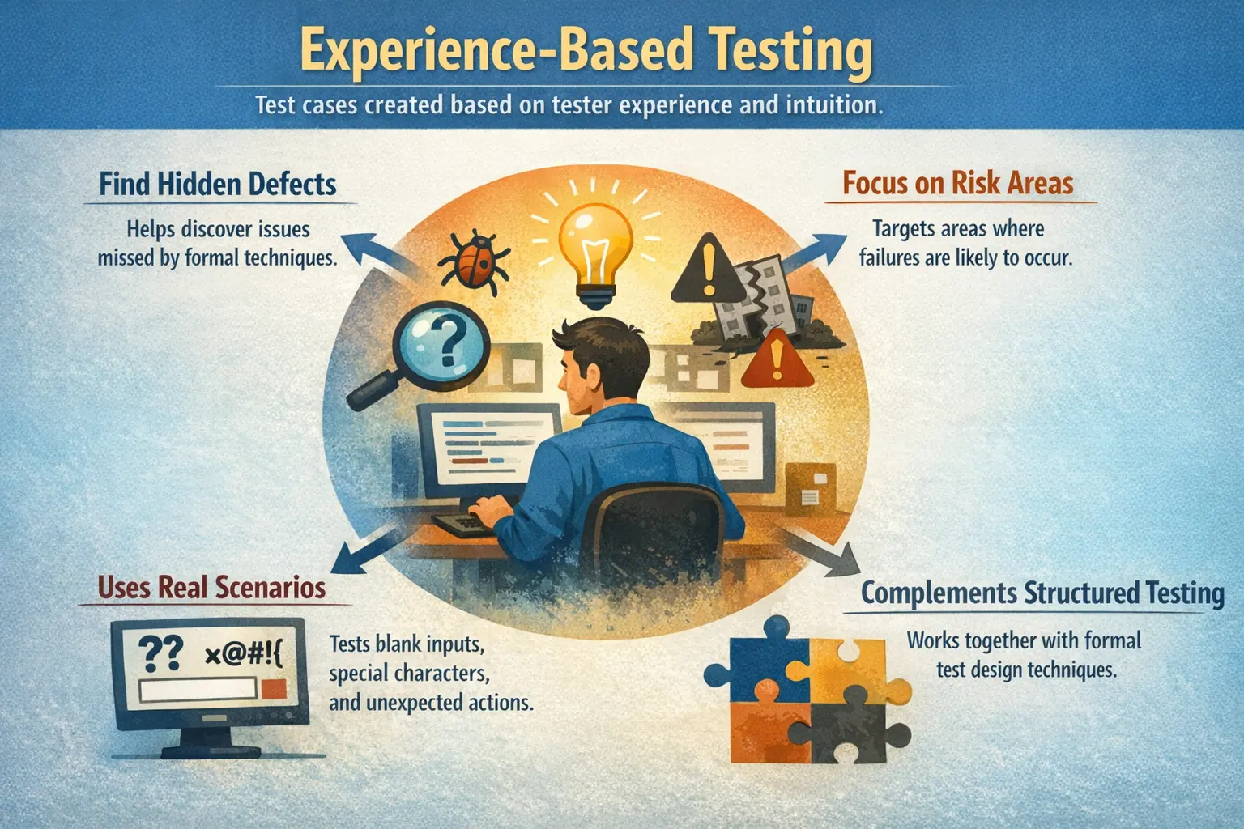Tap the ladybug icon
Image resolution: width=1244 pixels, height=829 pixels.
(x=474, y=259)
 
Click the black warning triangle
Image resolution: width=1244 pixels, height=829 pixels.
(x=709, y=268)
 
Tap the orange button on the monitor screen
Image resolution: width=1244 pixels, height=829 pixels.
(x=274, y=689)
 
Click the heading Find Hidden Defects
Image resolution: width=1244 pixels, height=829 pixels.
(x=218, y=185)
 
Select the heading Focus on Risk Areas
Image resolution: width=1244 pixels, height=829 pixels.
(x=957, y=183)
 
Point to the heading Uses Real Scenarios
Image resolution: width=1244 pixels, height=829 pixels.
(x=211, y=587)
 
